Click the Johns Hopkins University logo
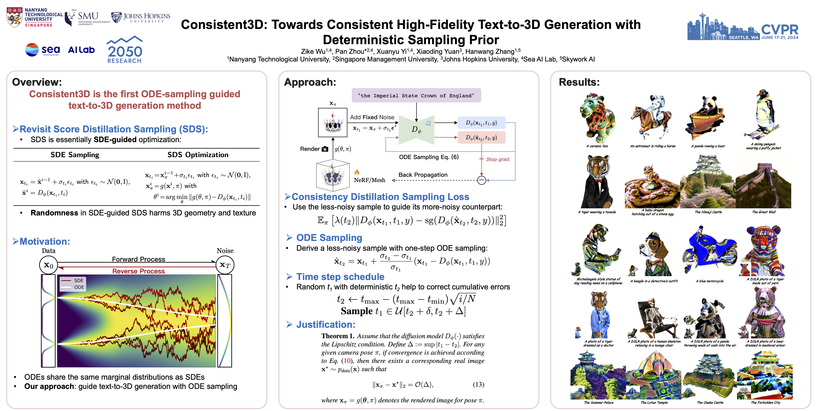pyautogui.click(x=140, y=17)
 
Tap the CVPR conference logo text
pyautogui.click(x=780, y=30)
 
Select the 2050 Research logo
pyautogui.click(x=124, y=50)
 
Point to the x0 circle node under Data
pyautogui.click(x=48, y=265)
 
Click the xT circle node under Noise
pyautogui.click(x=225, y=265)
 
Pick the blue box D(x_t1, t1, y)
pyautogui.click(x=481, y=123)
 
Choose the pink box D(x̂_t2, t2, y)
pyautogui.click(x=481, y=138)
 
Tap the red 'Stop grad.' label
pyautogui.click(x=498, y=159)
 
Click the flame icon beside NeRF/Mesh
pyautogui.click(x=357, y=172)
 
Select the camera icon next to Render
pyautogui.click(x=325, y=149)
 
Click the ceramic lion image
pyautogui.click(x=597, y=118)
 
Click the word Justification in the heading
pyautogui.click(x=326, y=325)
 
